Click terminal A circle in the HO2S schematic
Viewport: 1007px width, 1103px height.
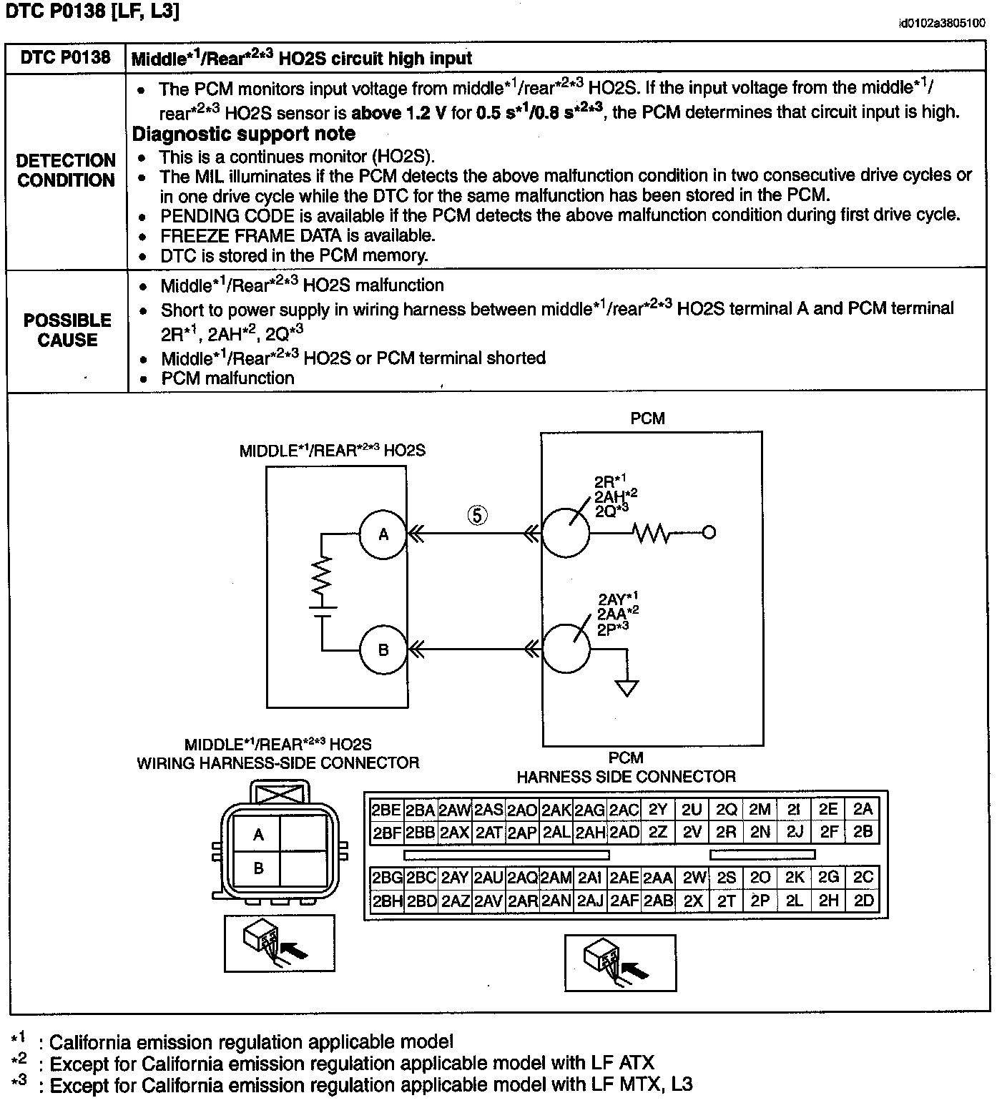(x=383, y=534)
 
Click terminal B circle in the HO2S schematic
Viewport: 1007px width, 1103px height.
(x=383, y=649)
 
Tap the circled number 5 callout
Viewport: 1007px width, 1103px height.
(x=477, y=514)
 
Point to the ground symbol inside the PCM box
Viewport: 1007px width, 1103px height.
(x=627, y=687)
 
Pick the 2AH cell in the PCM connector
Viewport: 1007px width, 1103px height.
(x=590, y=832)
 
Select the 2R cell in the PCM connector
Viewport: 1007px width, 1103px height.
(x=726, y=832)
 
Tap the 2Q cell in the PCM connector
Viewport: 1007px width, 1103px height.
(x=726, y=809)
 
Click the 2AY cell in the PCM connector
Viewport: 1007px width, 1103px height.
(x=455, y=878)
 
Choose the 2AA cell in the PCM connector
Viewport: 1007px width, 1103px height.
(x=658, y=878)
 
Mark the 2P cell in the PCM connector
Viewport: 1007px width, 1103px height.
(x=760, y=901)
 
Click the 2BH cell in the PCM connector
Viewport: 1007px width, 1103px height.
(x=387, y=901)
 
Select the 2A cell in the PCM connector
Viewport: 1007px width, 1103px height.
(x=863, y=809)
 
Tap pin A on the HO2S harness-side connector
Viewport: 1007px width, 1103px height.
(x=258, y=834)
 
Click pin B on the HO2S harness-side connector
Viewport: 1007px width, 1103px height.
(x=258, y=868)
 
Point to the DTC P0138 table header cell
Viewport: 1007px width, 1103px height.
(x=66, y=57)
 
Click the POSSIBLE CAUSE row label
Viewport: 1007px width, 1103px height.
(x=67, y=330)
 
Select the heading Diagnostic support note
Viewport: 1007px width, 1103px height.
(x=244, y=134)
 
